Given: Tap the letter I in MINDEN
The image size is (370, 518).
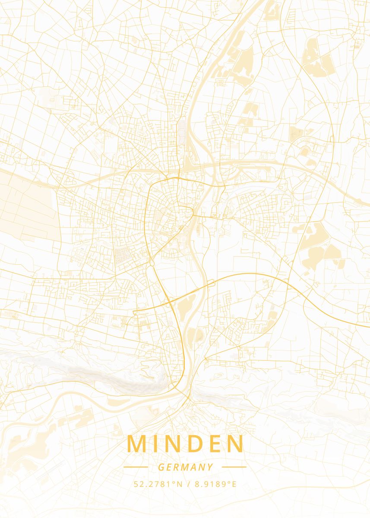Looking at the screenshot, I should pyautogui.click(x=157, y=444).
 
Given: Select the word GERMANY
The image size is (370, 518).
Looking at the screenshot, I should pyautogui.click(x=185, y=467).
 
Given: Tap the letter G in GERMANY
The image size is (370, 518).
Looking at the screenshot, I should pyautogui.click(x=161, y=467).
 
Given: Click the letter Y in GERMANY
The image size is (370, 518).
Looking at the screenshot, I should pyautogui.click(x=210, y=467).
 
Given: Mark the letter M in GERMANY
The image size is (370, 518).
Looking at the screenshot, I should pyautogui.click(x=184, y=467).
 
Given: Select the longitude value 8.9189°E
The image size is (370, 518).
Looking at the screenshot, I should pyautogui.click(x=215, y=484).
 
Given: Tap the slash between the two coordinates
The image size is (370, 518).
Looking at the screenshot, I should pyautogui.click(x=189, y=484).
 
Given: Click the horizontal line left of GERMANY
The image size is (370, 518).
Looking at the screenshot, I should pyautogui.click(x=136, y=467).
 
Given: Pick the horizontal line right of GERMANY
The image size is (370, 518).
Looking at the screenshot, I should pyautogui.click(x=234, y=467).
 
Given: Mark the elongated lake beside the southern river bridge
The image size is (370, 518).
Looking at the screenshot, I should pyautogui.click(x=184, y=307).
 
